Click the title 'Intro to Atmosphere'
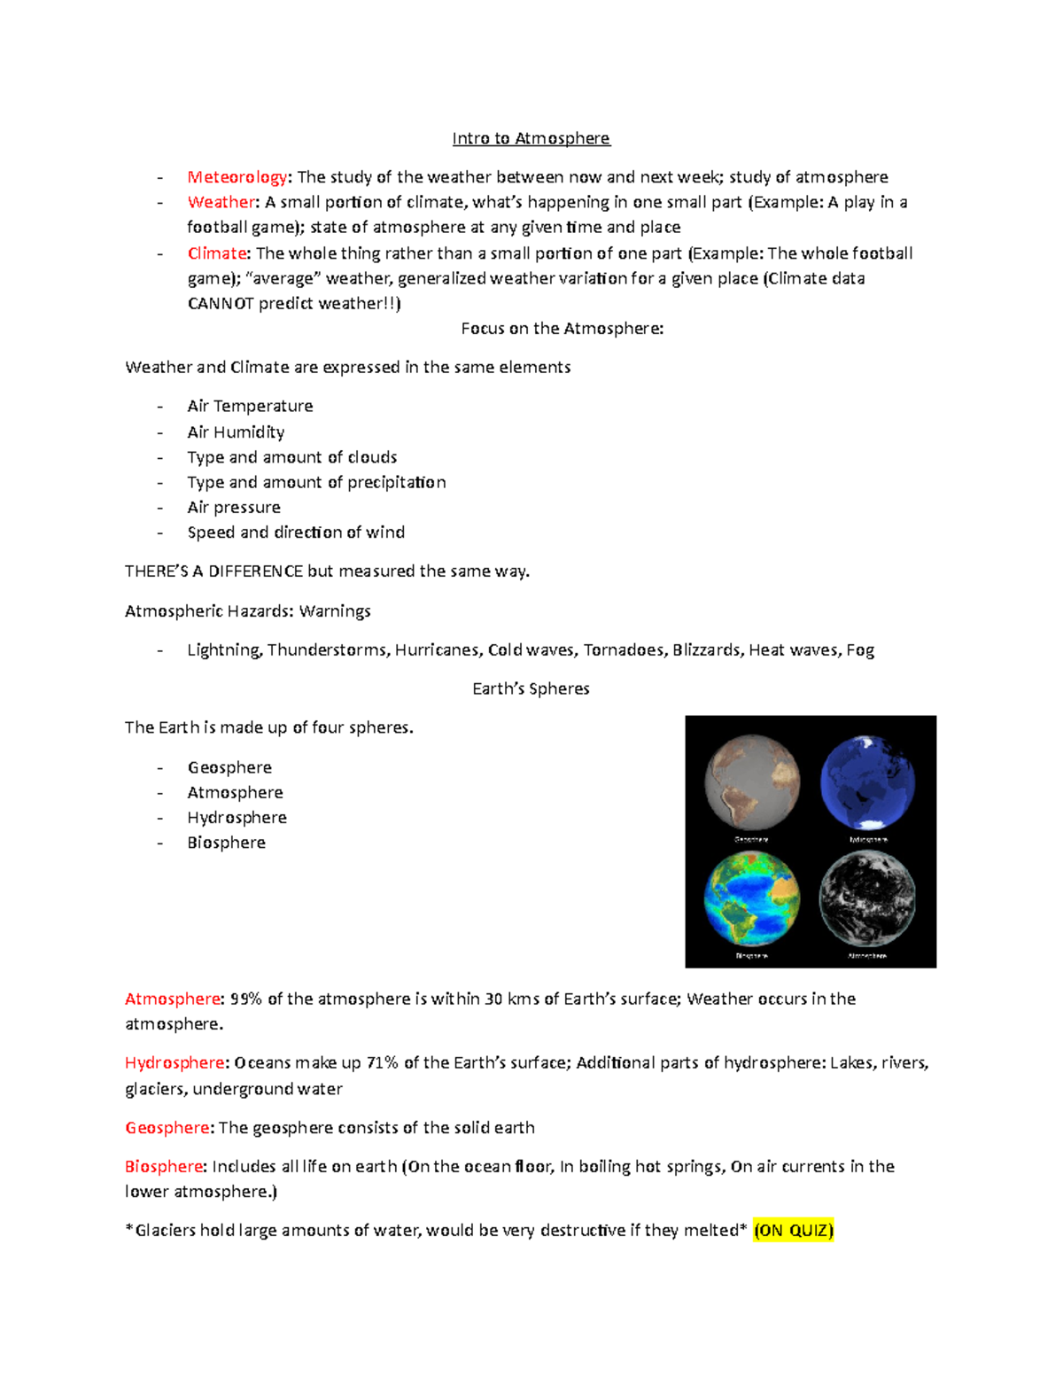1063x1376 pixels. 531,138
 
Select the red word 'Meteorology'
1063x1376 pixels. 237,177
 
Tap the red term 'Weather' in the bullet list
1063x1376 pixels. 221,202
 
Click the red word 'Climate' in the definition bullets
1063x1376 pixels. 217,253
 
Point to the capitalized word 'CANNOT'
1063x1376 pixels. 221,304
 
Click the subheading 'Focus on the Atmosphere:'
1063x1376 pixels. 562,329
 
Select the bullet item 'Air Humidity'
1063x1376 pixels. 236,432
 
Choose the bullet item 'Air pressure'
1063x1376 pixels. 234,508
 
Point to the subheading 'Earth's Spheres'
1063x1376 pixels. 531,689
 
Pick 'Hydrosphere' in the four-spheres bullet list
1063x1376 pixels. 237,818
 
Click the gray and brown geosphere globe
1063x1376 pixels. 752,782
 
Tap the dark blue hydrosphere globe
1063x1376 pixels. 867,782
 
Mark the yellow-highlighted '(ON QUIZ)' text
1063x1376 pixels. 793,1231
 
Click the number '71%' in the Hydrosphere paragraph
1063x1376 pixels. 383,1063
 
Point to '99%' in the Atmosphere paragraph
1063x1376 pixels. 246,999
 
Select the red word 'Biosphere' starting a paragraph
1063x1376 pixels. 165,1167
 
